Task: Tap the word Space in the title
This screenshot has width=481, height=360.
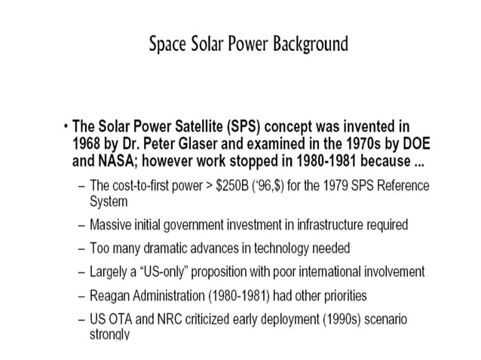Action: [170, 44]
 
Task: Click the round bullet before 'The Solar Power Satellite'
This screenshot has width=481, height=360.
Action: [66, 125]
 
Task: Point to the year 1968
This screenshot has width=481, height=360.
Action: [88, 142]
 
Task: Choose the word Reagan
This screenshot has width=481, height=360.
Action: [112, 294]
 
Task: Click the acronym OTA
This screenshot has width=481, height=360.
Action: [124, 319]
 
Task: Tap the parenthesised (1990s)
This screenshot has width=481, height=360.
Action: [339, 319]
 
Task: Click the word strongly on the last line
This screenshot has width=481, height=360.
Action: [111, 334]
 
